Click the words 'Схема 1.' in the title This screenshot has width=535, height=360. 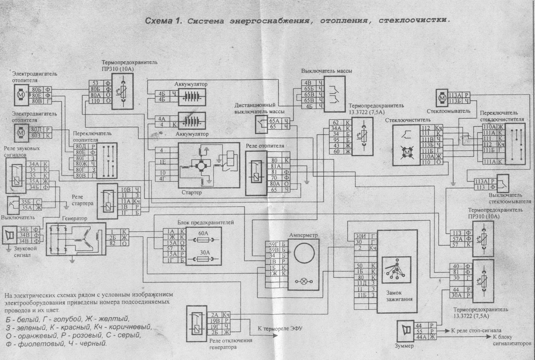[x=163, y=21]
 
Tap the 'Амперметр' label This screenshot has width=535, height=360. [x=303, y=235]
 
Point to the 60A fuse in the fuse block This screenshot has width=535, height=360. [x=203, y=240]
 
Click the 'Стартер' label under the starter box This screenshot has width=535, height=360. [x=192, y=192]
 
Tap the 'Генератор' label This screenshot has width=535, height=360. [x=75, y=218]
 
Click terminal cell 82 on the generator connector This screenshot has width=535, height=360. [x=113, y=243]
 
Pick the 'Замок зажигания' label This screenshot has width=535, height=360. [x=399, y=296]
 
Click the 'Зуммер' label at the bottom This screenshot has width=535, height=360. [x=404, y=346]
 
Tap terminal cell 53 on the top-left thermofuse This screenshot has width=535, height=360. [x=96, y=83]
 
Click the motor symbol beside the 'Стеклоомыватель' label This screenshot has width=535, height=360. [x=441, y=98]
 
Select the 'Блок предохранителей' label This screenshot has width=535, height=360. [x=205, y=222]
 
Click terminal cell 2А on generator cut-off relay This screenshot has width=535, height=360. [x=215, y=315]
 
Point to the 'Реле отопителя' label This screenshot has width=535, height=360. [x=265, y=146]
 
